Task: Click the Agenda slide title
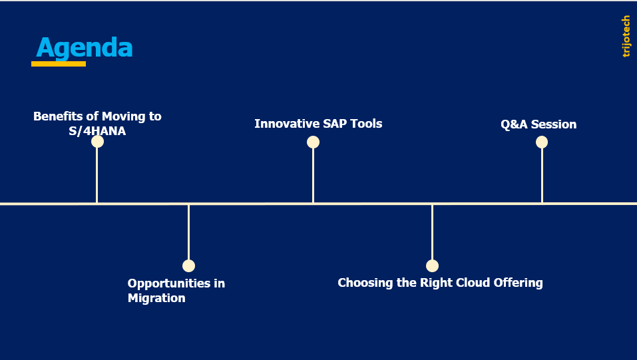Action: click(85, 48)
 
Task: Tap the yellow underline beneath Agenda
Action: click(59, 64)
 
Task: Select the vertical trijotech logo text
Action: click(626, 37)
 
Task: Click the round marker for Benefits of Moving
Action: click(97, 142)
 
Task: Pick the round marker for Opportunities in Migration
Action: click(188, 266)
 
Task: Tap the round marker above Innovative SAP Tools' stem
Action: click(313, 142)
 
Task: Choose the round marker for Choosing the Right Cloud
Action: click(432, 266)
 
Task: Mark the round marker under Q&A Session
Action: click(542, 142)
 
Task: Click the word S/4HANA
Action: click(97, 131)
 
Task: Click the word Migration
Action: click(156, 298)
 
